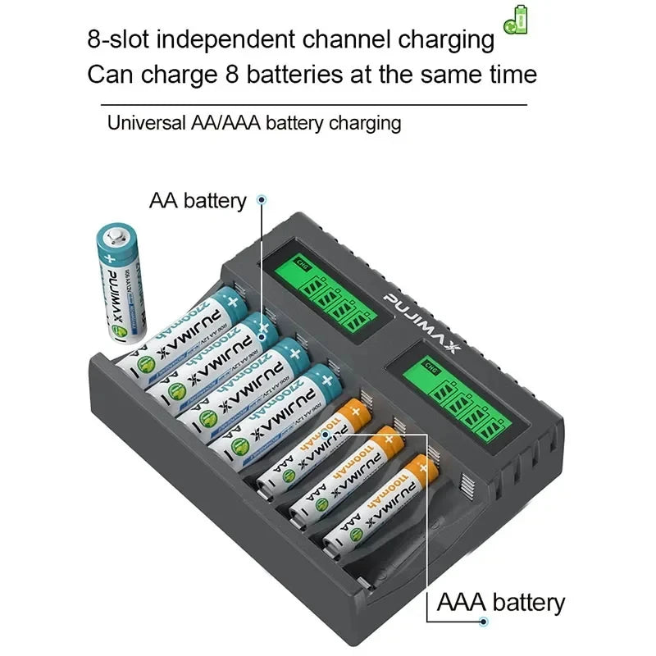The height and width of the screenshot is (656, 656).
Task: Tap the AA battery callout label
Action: tap(198, 201)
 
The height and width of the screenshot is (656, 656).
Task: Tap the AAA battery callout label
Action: tap(501, 603)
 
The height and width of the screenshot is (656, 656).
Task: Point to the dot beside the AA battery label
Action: tap(262, 199)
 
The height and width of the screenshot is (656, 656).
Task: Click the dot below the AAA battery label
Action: tap(484, 622)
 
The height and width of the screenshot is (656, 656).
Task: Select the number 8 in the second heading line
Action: tap(230, 75)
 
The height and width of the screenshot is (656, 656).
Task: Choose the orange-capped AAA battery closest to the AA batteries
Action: tap(312, 443)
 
